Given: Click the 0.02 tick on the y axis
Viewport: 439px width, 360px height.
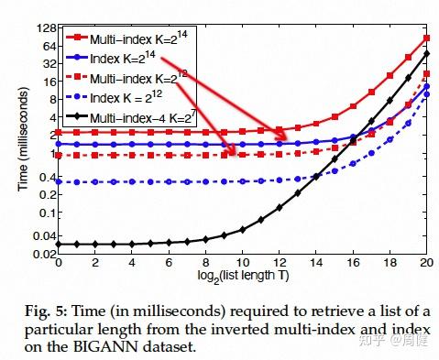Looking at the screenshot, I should click(41, 255).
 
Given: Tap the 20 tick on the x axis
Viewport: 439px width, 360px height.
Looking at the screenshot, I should click(427, 265).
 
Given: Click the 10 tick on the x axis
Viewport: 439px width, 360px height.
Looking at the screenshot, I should click(243, 265).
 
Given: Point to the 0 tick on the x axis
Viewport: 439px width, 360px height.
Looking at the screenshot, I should click(58, 265).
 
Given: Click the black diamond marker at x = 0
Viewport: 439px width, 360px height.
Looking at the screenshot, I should click(58, 244).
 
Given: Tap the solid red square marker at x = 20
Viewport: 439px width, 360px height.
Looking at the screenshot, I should click(427, 38).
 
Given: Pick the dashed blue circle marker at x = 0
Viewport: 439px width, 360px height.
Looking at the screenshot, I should click(58, 181).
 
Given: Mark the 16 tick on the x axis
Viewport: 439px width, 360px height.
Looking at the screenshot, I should click(354, 265).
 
